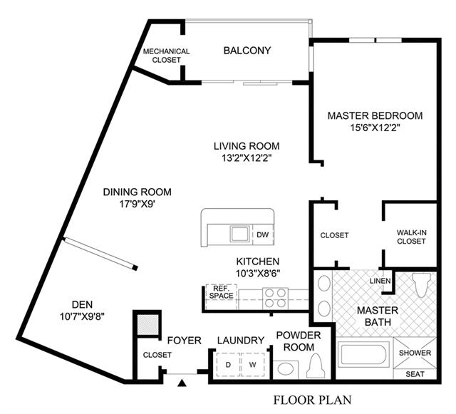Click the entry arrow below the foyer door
point(182,383)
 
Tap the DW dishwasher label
point(263,234)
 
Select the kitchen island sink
point(239,234)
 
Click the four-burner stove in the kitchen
point(275,299)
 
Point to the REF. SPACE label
point(222,292)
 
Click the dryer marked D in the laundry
point(228,365)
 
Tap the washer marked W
point(252,365)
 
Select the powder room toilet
point(316,366)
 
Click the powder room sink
point(286,370)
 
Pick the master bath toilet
point(421,285)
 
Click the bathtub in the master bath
point(363,354)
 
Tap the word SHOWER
point(415,353)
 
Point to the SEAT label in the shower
point(415,374)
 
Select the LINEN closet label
point(380,281)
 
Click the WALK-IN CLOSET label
point(411,237)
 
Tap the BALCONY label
point(247,51)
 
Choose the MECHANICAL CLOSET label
point(166,56)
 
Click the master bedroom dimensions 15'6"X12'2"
point(375,128)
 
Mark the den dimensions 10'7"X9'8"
point(82,316)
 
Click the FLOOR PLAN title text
point(312,400)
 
